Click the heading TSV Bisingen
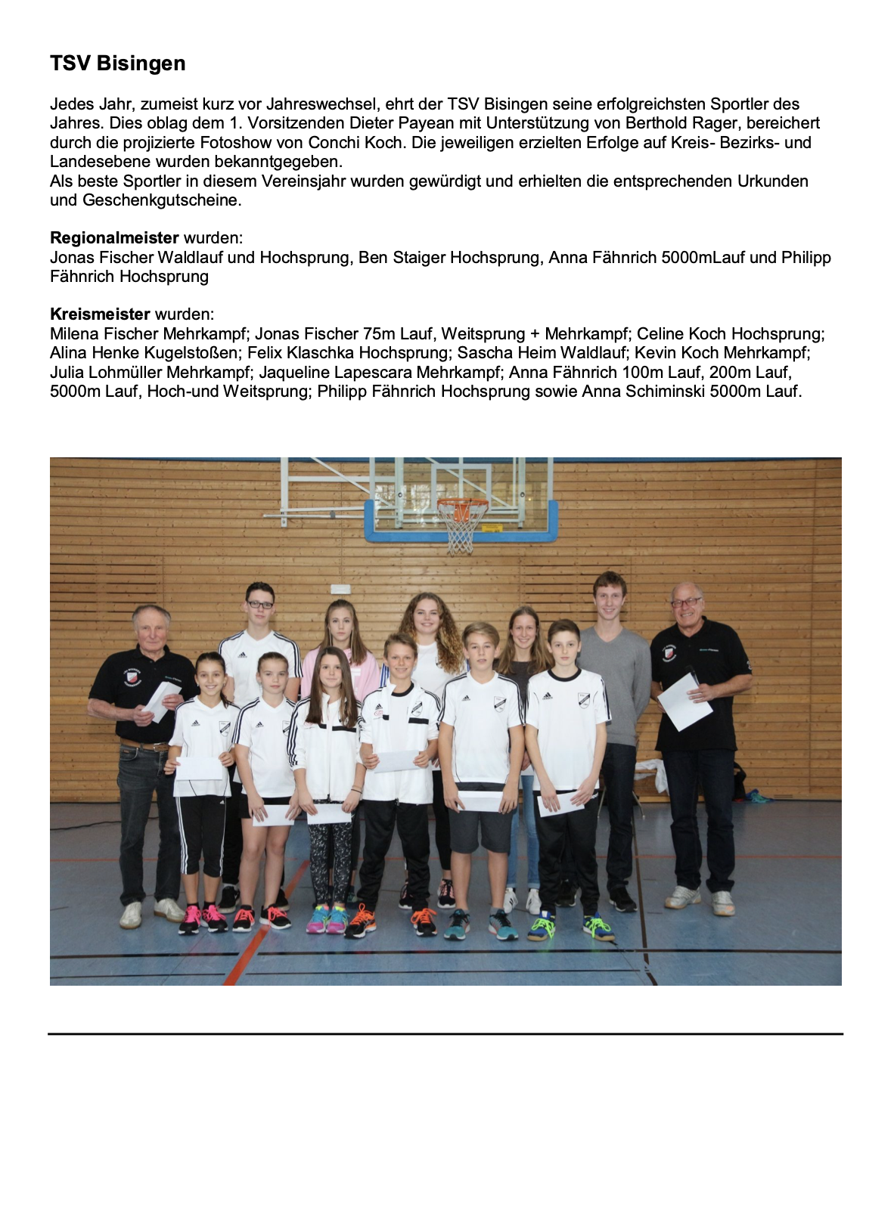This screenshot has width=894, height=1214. click(117, 63)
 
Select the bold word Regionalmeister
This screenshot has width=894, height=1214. click(114, 238)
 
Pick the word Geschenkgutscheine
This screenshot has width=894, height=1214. click(161, 200)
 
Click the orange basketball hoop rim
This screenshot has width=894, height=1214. click(462, 502)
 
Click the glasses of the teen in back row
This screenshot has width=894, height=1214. click(259, 605)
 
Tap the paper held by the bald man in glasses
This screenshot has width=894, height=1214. click(684, 702)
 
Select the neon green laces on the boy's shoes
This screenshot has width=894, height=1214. click(597, 923)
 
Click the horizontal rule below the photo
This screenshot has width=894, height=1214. click(445, 1033)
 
